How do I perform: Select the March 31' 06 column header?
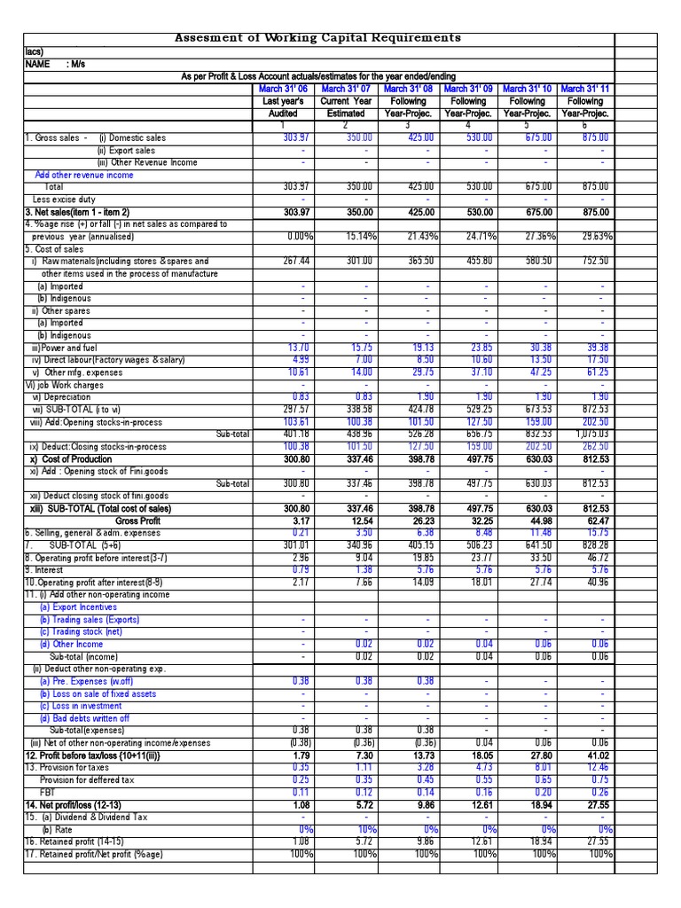(284, 89)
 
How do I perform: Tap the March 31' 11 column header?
(584, 89)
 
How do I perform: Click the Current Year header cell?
(345, 101)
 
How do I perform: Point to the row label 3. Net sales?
(78, 213)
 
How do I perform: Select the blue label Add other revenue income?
(84, 176)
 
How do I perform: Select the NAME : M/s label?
(53, 65)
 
